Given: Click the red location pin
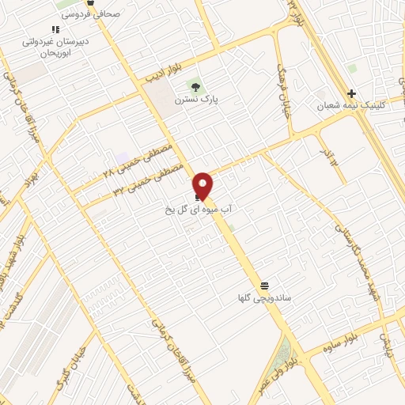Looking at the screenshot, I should [x=203, y=184].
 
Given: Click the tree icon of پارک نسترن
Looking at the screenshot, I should [x=195, y=86].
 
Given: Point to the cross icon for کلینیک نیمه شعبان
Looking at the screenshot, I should [x=351, y=93].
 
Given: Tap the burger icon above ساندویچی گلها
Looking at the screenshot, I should [x=263, y=285].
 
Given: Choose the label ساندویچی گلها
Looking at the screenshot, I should [x=264, y=298].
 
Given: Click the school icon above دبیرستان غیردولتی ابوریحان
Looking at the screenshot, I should [x=55, y=29].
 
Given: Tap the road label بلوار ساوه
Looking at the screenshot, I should [x=348, y=335].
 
